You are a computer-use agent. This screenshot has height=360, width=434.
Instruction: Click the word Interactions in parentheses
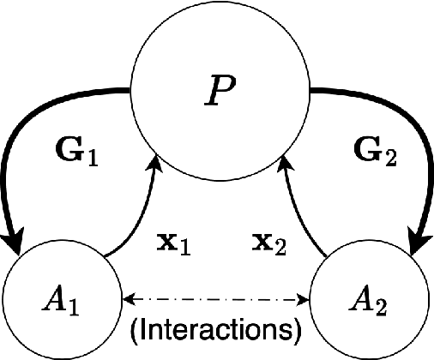pyautogui.click(x=217, y=329)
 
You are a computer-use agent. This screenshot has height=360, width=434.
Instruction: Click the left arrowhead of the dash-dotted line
pyautogui.click(x=129, y=299)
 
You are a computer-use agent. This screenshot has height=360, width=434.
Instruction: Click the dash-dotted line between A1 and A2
pyautogui.click(x=217, y=299)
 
